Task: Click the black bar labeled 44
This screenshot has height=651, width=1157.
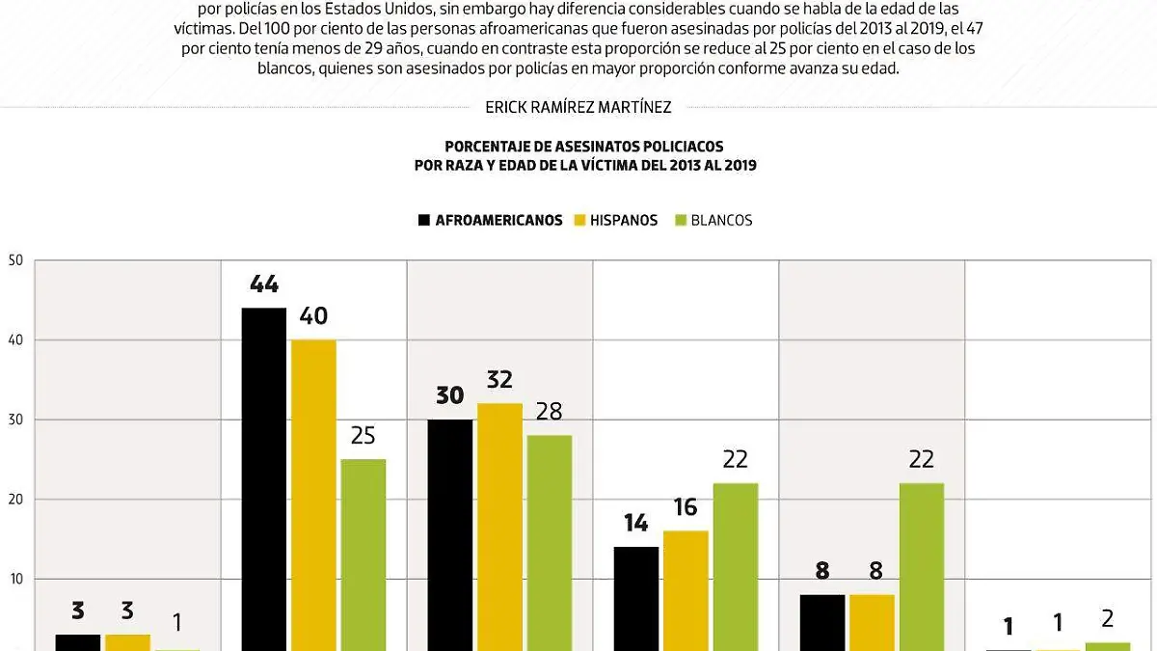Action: (263, 478)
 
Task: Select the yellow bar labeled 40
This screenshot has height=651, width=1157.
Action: (313, 494)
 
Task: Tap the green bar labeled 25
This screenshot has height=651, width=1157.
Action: (363, 554)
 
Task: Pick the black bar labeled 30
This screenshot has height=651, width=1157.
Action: (450, 534)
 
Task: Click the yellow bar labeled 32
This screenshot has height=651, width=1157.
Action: (499, 526)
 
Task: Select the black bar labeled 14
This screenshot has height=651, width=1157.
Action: (636, 598)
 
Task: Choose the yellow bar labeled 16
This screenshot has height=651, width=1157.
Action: (686, 589)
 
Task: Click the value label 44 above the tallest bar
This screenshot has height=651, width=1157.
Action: (263, 285)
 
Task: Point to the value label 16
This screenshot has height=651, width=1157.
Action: (686, 507)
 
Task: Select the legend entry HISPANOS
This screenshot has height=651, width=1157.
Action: (623, 220)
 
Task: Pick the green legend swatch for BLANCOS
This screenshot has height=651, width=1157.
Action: (680, 220)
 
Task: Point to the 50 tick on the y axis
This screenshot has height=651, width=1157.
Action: (14, 260)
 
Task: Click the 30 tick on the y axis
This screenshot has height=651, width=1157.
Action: (14, 420)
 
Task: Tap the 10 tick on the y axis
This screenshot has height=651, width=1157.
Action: (14, 579)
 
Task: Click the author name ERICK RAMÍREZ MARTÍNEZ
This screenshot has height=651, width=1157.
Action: (578, 108)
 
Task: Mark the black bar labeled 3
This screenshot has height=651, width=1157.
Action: (77, 642)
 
